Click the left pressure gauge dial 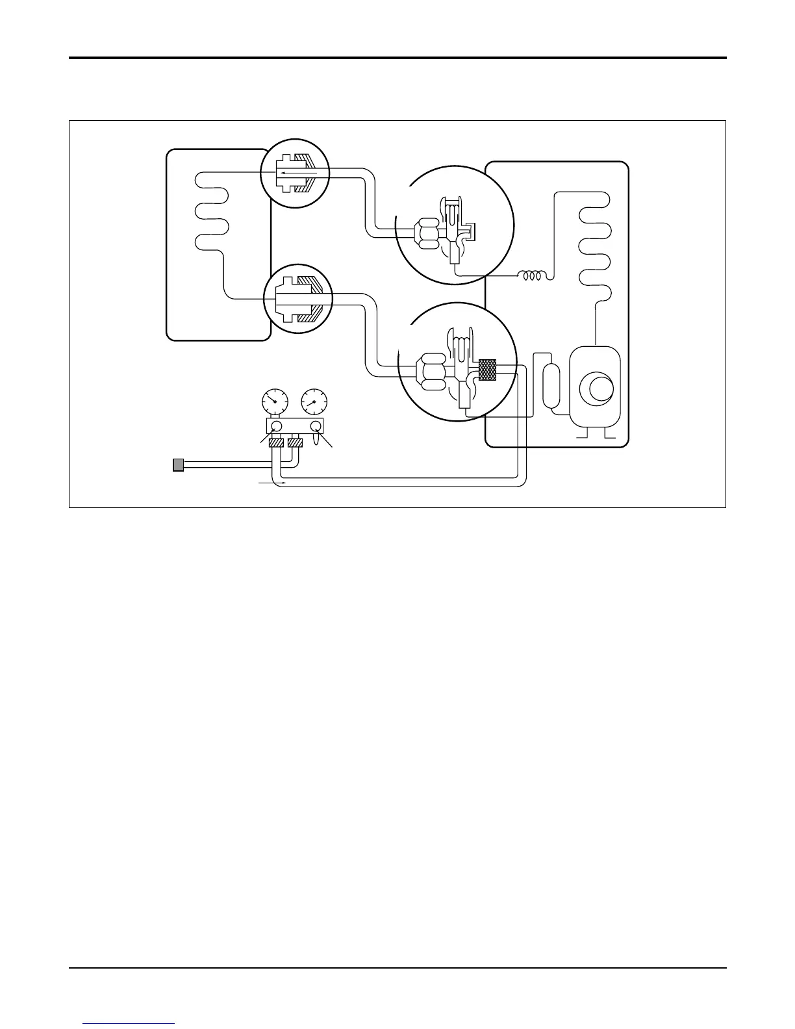[x=275, y=401]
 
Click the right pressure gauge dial [x=314, y=401]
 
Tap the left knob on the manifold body [x=275, y=426]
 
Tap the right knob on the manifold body [x=316, y=426]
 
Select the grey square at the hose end [x=178, y=464]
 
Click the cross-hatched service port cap [x=487, y=370]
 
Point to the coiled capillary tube [x=533, y=276]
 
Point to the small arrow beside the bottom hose [x=266, y=483]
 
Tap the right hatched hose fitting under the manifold [x=296, y=442]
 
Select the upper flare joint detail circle [x=296, y=173]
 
